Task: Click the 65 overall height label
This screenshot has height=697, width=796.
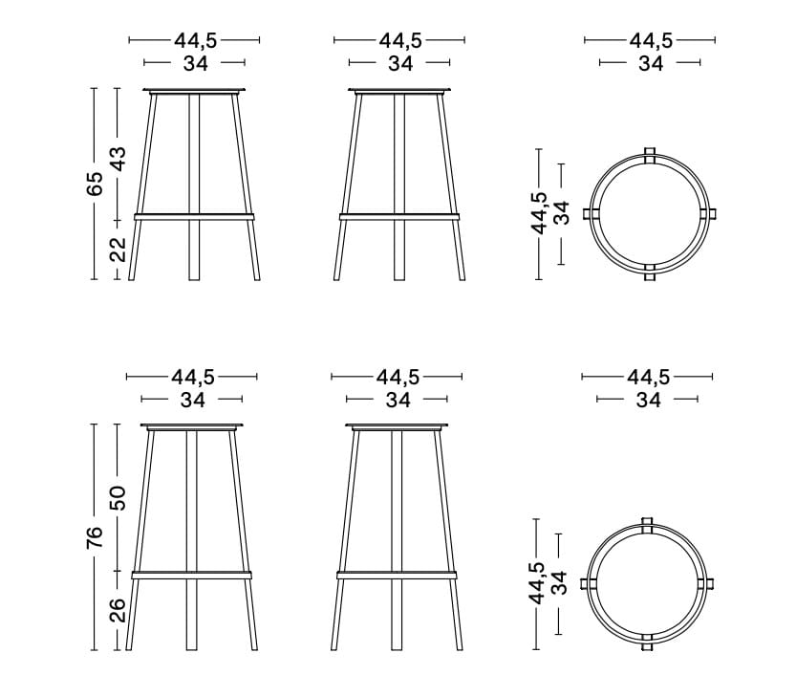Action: click(95, 184)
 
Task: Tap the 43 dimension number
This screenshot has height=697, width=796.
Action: click(118, 159)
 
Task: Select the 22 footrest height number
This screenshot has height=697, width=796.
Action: click(118, 250)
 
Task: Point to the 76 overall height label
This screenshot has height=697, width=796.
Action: click(95, 537)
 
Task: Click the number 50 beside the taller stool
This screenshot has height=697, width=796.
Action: click(118, 498)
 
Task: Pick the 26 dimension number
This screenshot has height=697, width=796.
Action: click(118, 610)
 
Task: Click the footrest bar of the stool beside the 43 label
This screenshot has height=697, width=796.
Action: click(194, 217)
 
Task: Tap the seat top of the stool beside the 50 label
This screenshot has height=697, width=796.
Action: click(192, 425)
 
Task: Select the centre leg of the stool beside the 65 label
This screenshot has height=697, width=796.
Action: click(194, 186)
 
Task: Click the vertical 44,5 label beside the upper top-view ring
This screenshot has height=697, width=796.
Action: click(539, 213)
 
